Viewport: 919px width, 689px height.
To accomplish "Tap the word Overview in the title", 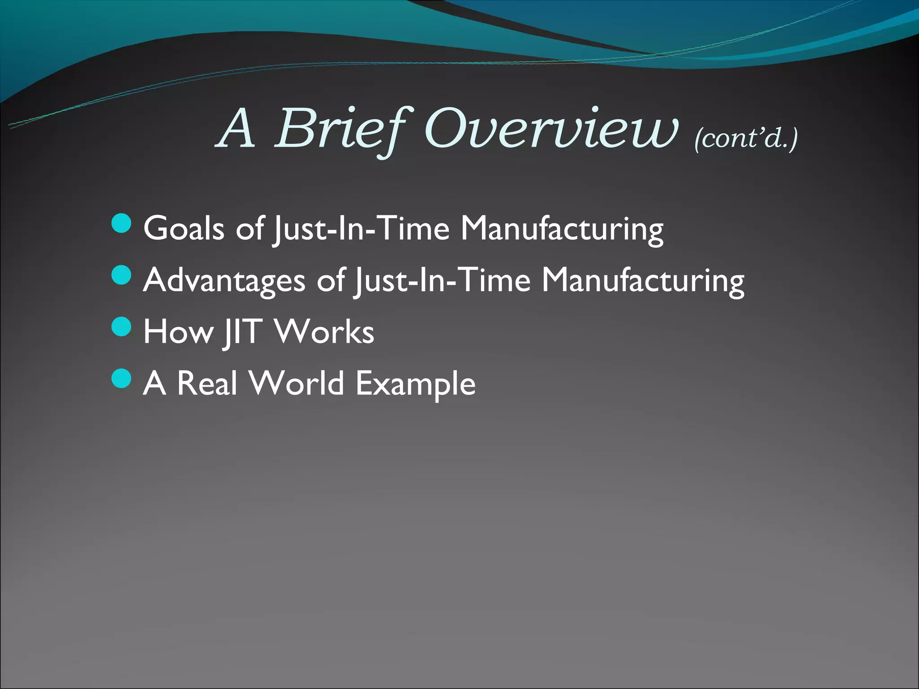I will point(550,130).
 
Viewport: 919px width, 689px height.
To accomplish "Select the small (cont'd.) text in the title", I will point(746,138).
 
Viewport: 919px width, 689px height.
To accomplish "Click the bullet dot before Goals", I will point(121,224).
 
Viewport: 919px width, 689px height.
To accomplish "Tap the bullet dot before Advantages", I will point(121,275).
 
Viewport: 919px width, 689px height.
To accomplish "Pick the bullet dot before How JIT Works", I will point(121,327).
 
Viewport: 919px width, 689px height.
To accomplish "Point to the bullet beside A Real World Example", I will point(121,378).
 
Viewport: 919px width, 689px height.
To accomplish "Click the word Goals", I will point(184,228).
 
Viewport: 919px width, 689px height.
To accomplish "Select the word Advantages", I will point(224,280).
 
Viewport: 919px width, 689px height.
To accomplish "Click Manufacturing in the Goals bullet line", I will point(562,229).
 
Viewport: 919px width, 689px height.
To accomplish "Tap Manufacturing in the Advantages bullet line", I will point(643,281).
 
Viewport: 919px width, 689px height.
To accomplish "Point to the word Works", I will point(324,332).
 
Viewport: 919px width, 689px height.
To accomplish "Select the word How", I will point(178,332).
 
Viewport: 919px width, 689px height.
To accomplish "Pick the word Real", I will point(207,384).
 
